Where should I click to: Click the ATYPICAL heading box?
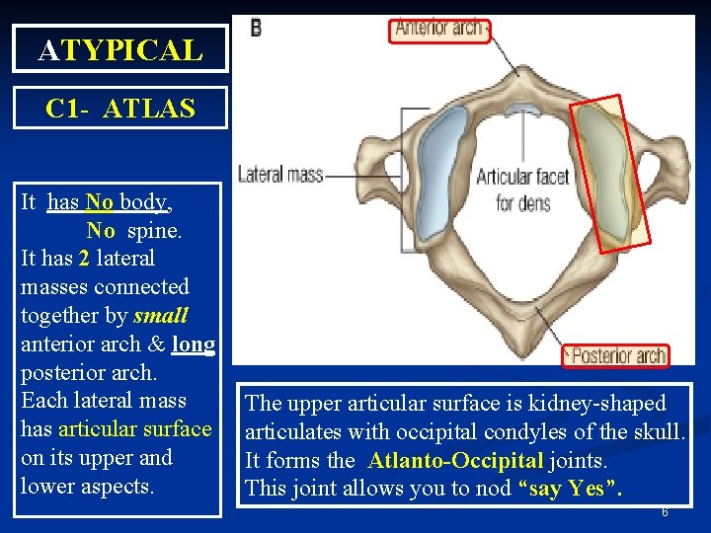(119, 48)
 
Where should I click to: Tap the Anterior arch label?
(439, 29)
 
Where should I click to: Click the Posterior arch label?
(614, 354)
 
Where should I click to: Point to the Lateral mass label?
(280, 175)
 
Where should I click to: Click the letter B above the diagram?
(256, 28)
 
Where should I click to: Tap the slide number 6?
(665, 512)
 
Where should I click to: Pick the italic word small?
(160, 316)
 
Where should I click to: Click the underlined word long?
(194, 344)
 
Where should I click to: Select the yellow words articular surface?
(135, 429)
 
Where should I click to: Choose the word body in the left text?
(142, 202)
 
